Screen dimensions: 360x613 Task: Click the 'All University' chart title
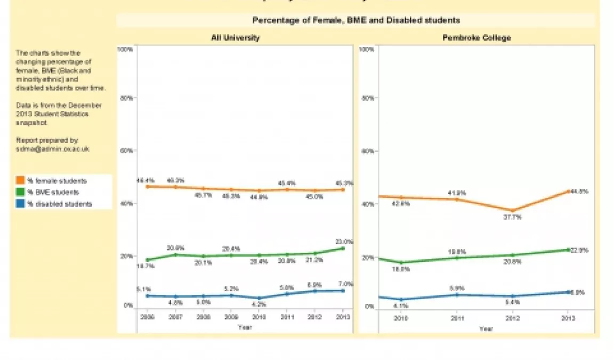pos(235,38)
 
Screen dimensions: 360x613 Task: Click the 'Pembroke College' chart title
pos(477,38)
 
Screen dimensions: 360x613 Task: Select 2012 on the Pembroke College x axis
pos(512,318)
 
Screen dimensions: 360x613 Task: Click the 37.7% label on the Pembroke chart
pos(513,218)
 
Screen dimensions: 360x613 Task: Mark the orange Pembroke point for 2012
pos(512,211)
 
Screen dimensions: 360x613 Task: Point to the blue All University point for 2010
pos(259,298)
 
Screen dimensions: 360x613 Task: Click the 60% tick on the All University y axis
pos(126,151)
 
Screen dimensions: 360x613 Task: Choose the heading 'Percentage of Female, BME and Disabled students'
pos(356,20)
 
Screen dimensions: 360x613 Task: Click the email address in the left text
pos(53,149)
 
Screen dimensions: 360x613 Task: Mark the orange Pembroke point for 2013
pos(567,191)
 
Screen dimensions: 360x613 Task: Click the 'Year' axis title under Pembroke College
pos(486,329)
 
